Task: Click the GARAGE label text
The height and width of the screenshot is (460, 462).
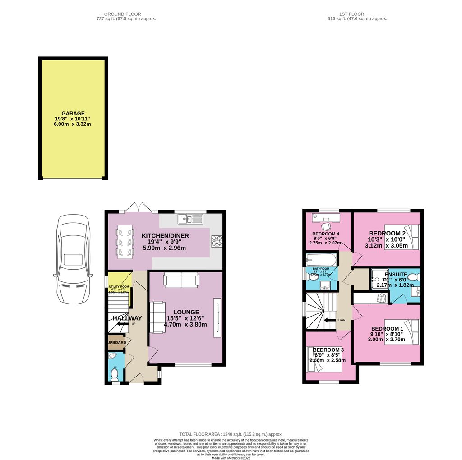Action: coord(73,114)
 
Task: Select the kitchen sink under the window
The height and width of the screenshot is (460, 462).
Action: coord(191,219)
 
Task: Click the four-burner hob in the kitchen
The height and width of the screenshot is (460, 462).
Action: coord(216,241)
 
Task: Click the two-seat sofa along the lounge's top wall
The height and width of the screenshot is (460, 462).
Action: coord(181,280)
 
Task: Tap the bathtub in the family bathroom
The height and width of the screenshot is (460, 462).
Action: coord(321,260)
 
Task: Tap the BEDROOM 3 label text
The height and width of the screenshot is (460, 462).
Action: coord(328,350)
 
